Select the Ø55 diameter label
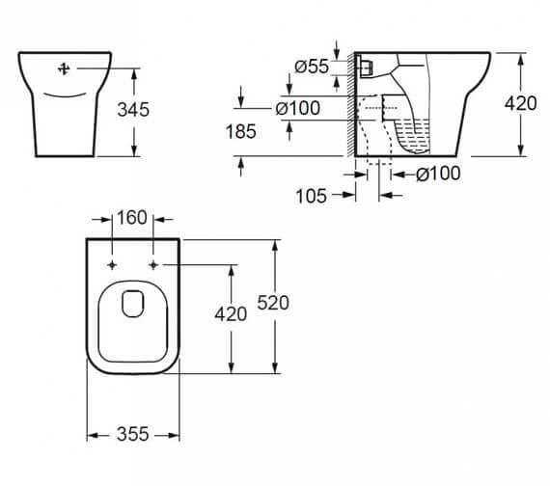pos(313,67)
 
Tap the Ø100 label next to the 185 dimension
pos(298,109)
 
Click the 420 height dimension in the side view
pos(520,102)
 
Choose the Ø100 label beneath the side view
pos(437,174)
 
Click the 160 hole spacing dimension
pos(132,217)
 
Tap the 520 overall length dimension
pos(273,302)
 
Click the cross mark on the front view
pos(66,68)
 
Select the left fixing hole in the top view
pos(112,263)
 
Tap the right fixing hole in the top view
pos(153,263)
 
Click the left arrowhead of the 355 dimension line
pos(90,436)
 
